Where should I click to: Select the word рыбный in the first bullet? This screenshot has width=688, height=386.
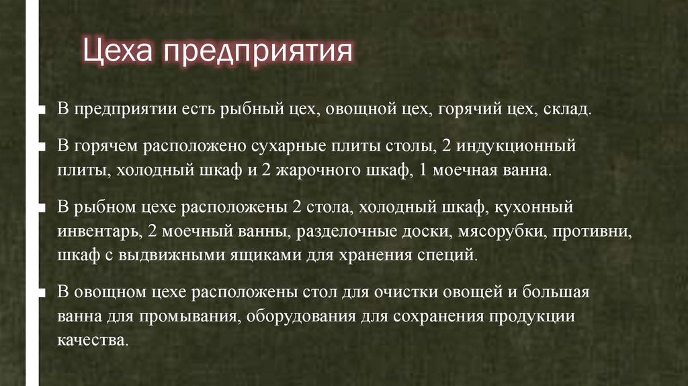239,109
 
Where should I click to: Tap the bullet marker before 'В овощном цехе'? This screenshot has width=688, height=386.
42,293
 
